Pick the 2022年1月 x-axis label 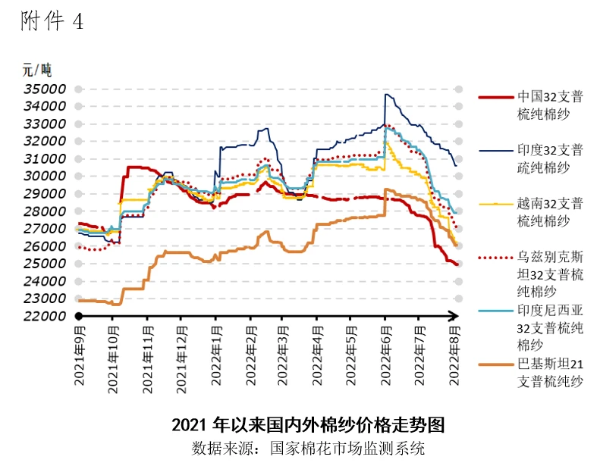coord(215,356)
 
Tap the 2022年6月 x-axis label coord(385,356)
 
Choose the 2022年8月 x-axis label coord(455,356)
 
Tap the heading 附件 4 coord(52,23)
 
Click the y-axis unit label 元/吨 coord(35,70)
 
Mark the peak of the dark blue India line coord(386,94)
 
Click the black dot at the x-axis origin coord(77,315)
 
